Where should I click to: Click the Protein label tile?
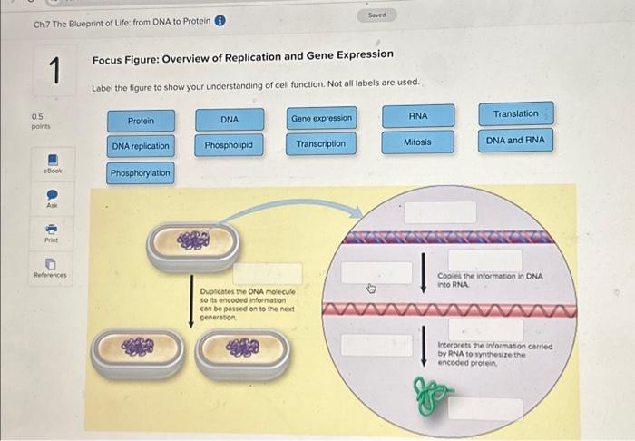[141, 121]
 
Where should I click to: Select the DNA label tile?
[230, 120]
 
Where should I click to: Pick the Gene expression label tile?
[322, 119]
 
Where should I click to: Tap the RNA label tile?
[418, 116]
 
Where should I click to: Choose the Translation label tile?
[515, 113]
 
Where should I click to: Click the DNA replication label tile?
[141, 146]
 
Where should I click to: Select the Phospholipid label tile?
[229, 145]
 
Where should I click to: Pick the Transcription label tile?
[321, 144]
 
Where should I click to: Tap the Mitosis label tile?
[417, 142]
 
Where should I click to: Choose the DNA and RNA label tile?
[515, 140]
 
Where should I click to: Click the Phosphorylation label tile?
[141, 173]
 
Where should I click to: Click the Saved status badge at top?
[376, 15]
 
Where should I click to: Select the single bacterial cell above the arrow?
[194, 241]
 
